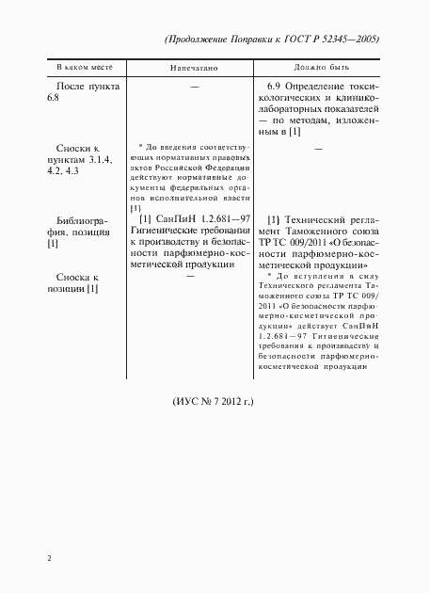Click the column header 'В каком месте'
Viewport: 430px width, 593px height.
[81, 69]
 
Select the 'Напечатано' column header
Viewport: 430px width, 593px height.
[194, 69]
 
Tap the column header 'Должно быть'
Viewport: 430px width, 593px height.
[316, 69]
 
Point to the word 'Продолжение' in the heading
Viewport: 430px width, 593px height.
[208, 40]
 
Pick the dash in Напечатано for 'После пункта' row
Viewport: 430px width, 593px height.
[194, 87]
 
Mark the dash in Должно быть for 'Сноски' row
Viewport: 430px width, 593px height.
[317, 149]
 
